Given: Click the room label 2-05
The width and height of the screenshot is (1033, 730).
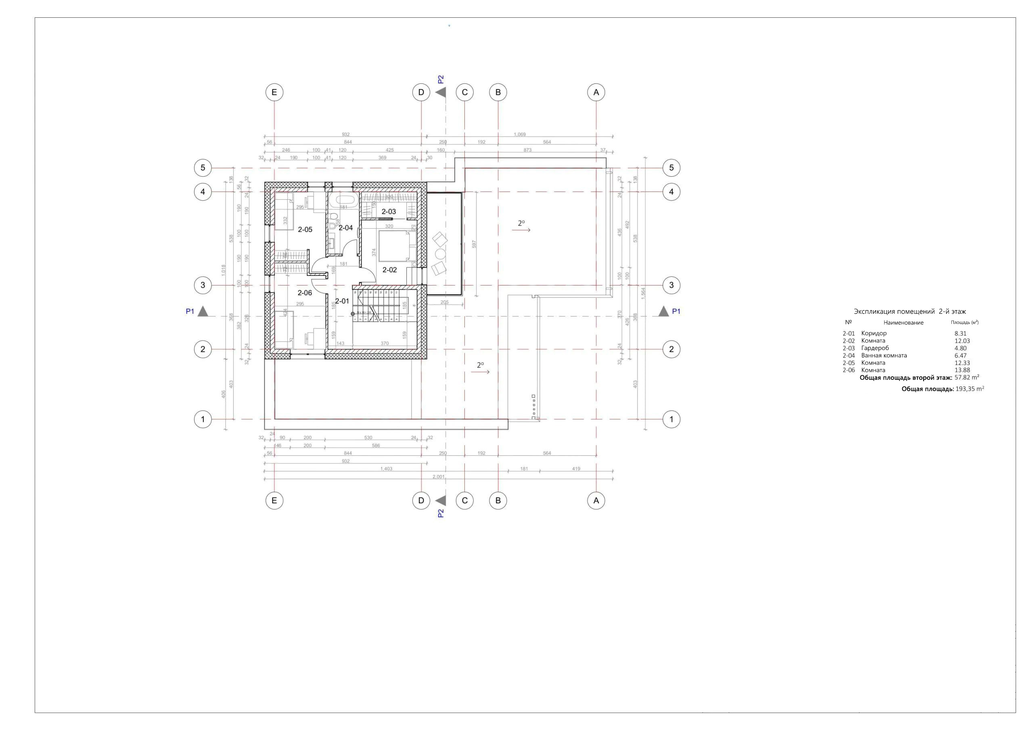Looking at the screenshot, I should [x=305, y=229].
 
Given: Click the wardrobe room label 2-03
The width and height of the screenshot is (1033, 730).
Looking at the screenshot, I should [x=389, y=211].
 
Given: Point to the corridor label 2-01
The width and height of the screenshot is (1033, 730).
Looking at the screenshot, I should [x=342, y=301].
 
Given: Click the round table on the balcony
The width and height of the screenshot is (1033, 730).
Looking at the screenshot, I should [x=440, y=254].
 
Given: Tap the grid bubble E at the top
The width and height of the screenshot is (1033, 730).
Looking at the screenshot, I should [x=274, y=92].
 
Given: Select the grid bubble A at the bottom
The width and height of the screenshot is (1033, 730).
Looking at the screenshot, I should [x=596, y=500].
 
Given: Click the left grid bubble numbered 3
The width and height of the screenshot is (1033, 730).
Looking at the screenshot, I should [x=203, y=285].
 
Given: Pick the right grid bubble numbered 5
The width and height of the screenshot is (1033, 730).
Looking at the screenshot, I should [x=671, y=168].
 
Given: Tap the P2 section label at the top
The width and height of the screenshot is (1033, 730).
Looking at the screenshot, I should [x=441, y=79].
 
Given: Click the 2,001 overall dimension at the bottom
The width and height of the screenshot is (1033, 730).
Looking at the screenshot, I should [x=438, y=476].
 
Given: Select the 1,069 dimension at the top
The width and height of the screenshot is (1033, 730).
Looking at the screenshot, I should [x=520, y=134].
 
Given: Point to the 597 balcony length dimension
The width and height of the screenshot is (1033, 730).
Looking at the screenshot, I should [x=474, y=244].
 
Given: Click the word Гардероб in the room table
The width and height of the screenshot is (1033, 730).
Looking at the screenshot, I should [x=875, y=348].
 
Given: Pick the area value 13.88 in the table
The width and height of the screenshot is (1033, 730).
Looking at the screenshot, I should [x=962, y=370].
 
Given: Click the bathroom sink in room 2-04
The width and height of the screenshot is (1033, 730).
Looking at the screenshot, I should [x=332, y=243].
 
